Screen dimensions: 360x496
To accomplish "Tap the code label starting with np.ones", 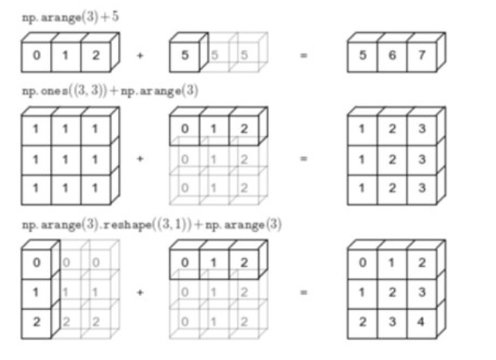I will (x=110, y=91).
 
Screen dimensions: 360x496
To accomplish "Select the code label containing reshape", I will (x=152, y=225).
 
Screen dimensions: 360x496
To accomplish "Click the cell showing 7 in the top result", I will (x=422, y=56).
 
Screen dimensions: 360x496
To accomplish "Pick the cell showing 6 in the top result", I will (x=391, y=56).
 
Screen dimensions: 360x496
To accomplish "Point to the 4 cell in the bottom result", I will (x=422, y=321).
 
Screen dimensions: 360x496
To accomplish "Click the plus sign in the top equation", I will (x=140, y=56).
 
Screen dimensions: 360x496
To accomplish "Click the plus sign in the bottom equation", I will (x=140, y=293).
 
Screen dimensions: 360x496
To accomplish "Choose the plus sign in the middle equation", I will (x=140, y=159).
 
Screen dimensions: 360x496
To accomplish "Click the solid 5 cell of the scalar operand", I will (x=185, y=56).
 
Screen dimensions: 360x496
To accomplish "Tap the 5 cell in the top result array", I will (x=361, y=56).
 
